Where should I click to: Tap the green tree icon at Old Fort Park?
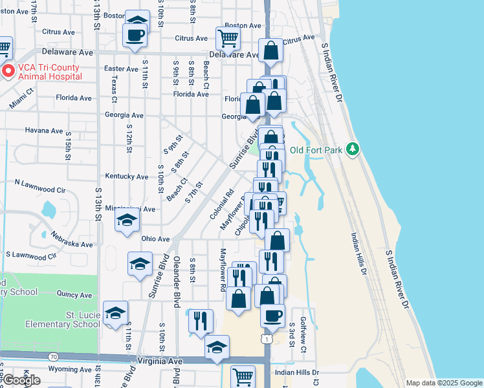(352, 149)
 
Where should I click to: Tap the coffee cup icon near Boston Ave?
(135, 35)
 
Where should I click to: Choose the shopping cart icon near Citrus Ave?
(228, 39)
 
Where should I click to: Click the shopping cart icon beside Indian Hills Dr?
(243, 376)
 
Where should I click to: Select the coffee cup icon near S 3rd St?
(272, 316)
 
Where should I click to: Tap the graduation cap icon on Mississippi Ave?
(127, 222)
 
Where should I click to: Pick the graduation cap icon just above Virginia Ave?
(217, 347)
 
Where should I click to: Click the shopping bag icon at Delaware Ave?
(271, 50)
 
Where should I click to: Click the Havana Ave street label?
(44, 130)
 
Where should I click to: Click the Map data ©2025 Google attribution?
(444, 383)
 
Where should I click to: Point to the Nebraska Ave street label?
(72, 244)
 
